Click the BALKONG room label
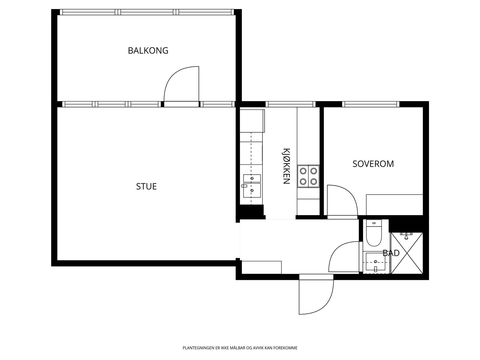pos(148,50)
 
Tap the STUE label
pos(146,186)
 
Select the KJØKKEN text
pos(286,166)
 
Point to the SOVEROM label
pos(373,164)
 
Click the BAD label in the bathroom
pos(391,253)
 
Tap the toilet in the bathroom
pos(374,233)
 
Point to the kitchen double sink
pos(252,186)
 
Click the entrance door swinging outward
pos(316,297)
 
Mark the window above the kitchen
pos(290,104)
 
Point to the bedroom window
pos(370,104)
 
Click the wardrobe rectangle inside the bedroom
pos(394,205)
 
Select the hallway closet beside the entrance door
pos(261,267)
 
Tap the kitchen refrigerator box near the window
pos(252,121)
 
